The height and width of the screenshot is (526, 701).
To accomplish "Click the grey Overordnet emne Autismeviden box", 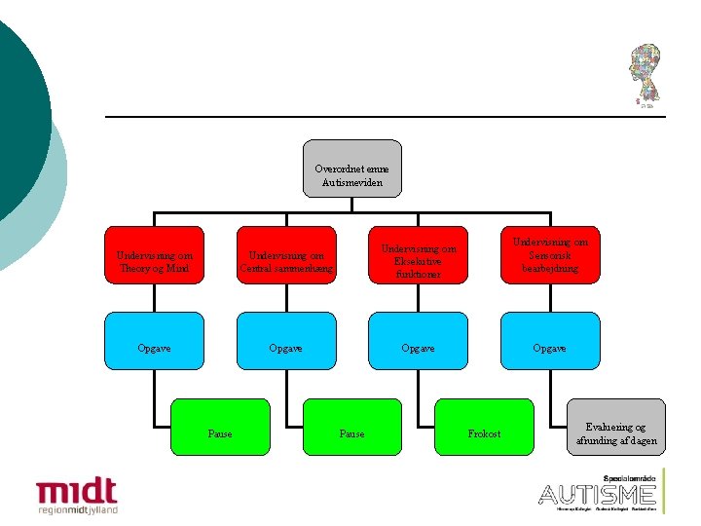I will pos(352,169).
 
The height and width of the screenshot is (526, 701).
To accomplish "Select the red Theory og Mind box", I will pos(155,255).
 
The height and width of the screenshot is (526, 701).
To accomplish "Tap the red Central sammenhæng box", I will pos(287,255).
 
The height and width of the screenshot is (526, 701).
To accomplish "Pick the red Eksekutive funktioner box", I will pos(419,255).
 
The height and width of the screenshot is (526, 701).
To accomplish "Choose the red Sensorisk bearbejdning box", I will pos(550,255).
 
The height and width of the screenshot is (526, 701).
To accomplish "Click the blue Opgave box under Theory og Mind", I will pos(155,347).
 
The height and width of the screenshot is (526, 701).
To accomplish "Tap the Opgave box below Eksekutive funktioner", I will pos(419,347).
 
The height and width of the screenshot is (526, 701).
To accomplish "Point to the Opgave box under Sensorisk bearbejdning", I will pos(550,347).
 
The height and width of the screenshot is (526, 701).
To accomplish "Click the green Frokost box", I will pos(484,428).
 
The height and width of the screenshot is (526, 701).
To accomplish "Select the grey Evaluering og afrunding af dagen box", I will pos(616,428).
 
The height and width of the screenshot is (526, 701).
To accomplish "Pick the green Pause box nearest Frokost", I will pos(352,428).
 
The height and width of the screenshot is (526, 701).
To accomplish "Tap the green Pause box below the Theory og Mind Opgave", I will pos(220,428).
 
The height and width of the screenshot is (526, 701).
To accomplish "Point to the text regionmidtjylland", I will pos(77,509).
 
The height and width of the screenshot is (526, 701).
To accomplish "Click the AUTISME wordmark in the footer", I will pos(597,494).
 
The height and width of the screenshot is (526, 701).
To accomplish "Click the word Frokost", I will pos(484,433).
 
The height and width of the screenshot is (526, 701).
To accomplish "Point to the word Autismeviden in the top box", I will pos(352,182).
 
